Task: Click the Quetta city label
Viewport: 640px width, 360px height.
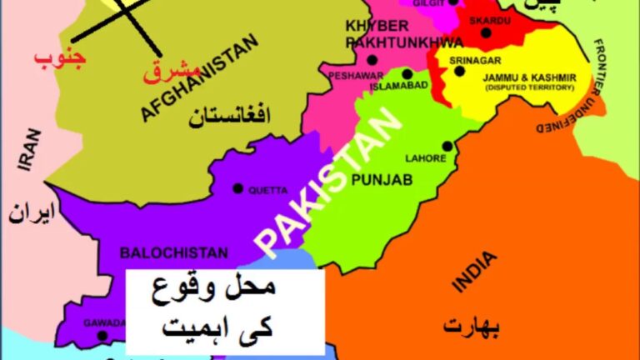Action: click(267, 190)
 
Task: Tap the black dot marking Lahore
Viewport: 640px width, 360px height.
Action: click(447, 146)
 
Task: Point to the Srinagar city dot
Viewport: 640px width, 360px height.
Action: click(459, 72)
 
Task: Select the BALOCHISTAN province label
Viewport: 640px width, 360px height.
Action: click(173, 252)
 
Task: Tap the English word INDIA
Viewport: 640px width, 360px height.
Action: click(473, 272)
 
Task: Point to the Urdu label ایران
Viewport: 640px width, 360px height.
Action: click(32, 213)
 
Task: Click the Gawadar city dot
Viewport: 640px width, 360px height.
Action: click(102, 337)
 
